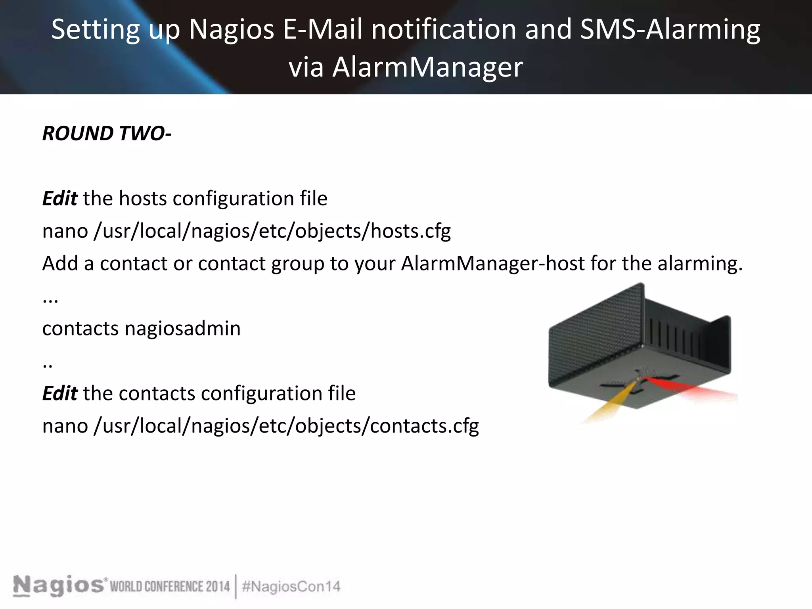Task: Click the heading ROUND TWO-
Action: tap(107, 133)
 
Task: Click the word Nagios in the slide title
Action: tap(232, 29)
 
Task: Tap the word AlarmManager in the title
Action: tap(427, 67)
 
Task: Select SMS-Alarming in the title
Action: tap(670, 29)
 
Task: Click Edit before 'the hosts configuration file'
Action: tap(60, 198)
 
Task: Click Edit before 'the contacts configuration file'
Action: tap(60, 393)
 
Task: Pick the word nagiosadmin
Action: tap(183, 328)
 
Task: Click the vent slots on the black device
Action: tap(674, 337)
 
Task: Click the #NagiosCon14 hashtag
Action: tap(291, 586)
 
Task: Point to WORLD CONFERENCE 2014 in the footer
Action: tap(170, 586)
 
